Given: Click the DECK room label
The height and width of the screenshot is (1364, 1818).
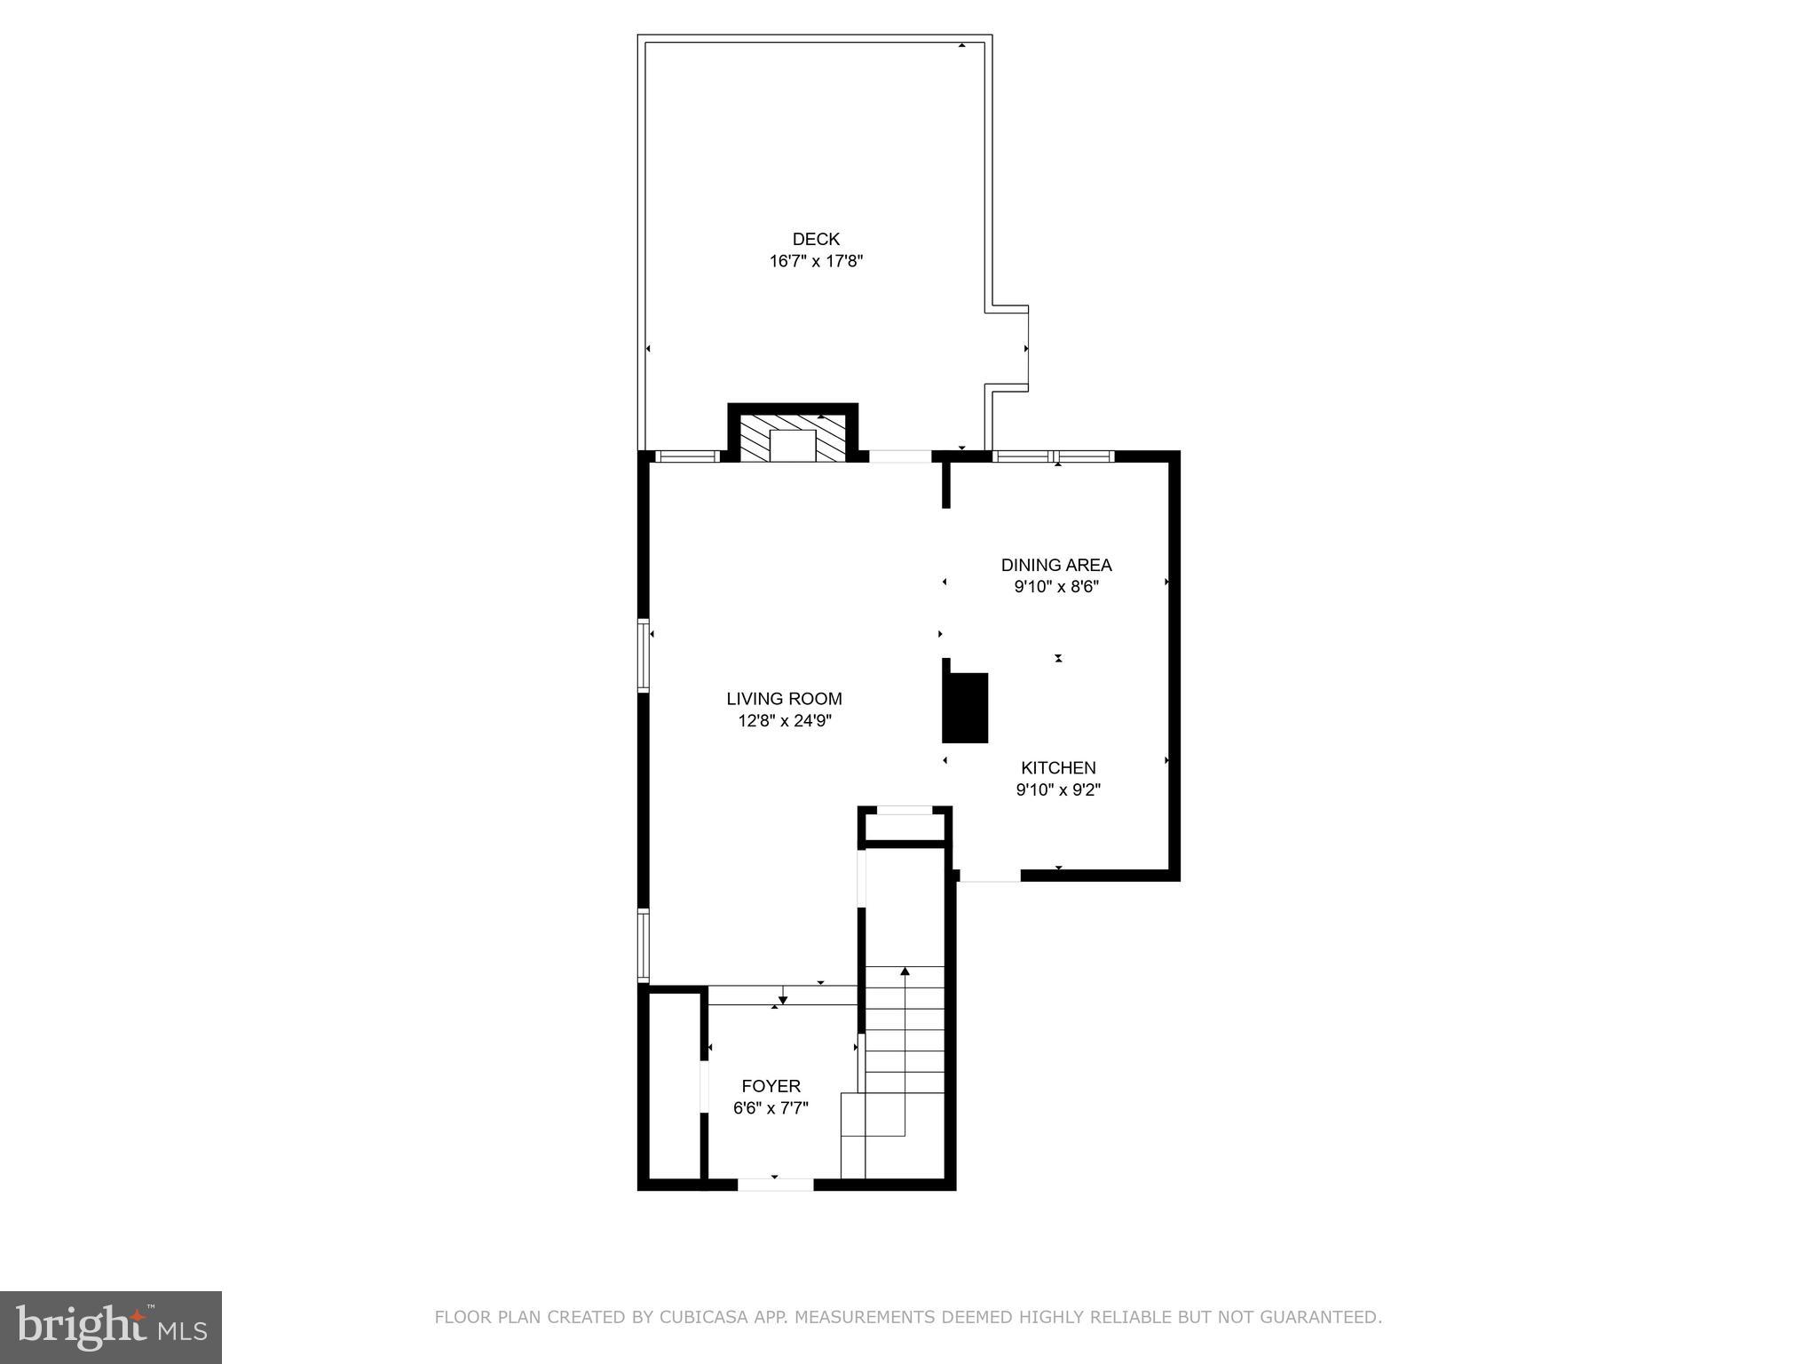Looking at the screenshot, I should coord(816,239).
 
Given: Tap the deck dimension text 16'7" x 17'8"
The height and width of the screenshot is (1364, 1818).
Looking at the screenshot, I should coord(816,261).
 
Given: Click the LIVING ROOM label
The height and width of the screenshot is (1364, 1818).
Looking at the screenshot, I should coord(784,699).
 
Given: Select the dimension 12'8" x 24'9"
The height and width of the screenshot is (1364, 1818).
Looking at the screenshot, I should coord(784,721).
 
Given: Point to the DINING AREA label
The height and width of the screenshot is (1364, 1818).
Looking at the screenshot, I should coord(1056,565).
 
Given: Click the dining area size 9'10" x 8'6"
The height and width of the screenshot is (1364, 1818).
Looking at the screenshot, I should coord(1056,587).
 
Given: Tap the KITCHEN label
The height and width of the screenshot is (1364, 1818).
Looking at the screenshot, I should coord(1058,767).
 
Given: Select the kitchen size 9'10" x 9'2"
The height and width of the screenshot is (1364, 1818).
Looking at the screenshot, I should coord(1058,789).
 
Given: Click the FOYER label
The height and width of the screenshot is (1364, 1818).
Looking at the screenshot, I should coord(771,1086).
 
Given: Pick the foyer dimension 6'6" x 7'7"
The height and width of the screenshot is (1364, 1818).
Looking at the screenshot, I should coord(771,1108).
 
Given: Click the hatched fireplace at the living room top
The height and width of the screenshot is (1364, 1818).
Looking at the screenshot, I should coord(793,437).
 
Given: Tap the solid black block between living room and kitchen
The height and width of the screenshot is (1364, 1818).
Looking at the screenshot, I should coord(965,707).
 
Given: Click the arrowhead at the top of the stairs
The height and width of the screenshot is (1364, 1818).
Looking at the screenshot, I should coord(905,971).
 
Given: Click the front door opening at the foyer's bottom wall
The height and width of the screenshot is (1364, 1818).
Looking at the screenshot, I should coord(775,1184).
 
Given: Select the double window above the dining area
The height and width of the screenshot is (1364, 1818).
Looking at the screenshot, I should coord(1053,456).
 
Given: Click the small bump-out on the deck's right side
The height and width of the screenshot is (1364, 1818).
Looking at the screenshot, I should coord(1008,348).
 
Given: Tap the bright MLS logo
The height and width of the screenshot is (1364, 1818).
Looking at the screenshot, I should coord(110,1327).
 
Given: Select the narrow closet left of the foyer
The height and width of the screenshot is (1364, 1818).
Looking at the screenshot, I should coord(674,1086).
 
